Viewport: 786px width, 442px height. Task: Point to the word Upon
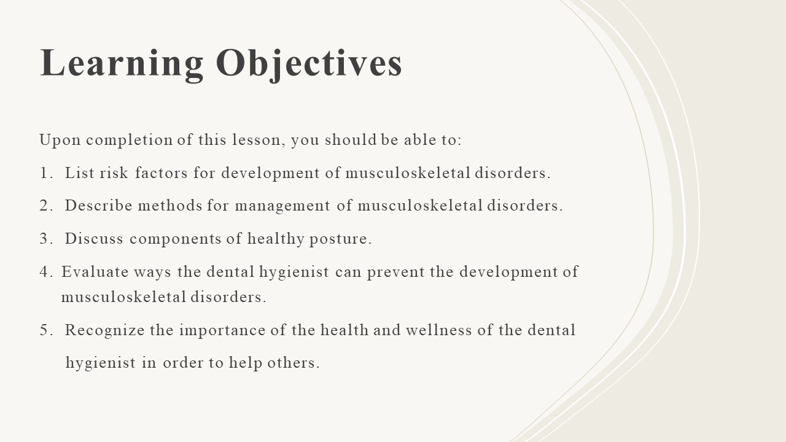point(60,141)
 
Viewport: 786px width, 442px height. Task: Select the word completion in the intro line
point(129,141)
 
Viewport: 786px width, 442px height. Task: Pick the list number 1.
point(46,173)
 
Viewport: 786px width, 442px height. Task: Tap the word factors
point(161,173)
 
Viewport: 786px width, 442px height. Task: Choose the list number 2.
point(46,206)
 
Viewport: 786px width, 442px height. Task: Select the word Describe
point(99,206)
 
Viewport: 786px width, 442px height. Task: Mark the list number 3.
point(46,239)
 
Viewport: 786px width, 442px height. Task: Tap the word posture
point(340,239)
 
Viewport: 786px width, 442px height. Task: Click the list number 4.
point(46,272)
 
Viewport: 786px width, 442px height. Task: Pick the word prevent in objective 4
point(396,273)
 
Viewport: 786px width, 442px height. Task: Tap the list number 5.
point(46,330)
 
